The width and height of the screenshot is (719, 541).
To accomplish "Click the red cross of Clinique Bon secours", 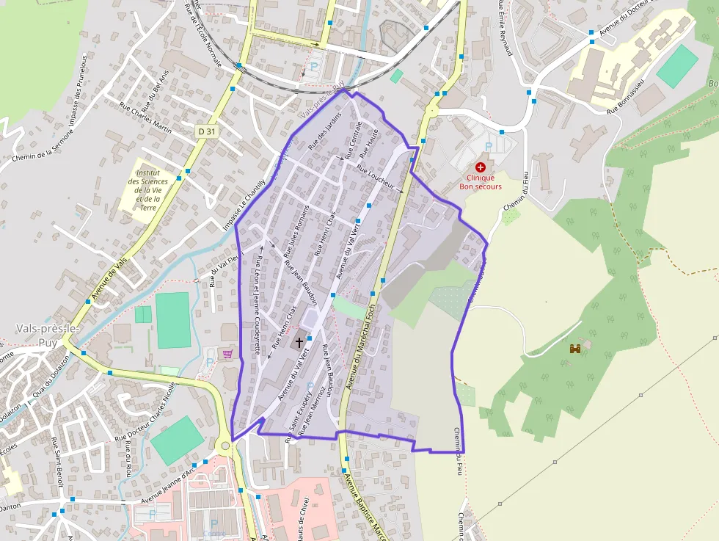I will pos(481,167).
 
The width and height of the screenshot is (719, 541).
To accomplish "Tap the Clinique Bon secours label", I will pos(481,182).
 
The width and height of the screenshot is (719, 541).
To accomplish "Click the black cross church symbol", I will pos(299,341).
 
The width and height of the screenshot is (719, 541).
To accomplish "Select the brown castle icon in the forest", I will pos(574,348).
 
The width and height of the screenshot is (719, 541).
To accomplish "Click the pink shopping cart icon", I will pos(228,354).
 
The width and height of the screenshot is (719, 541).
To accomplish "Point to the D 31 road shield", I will pos(207,131).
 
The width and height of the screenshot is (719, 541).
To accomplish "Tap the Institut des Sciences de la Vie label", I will pos(147,186).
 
